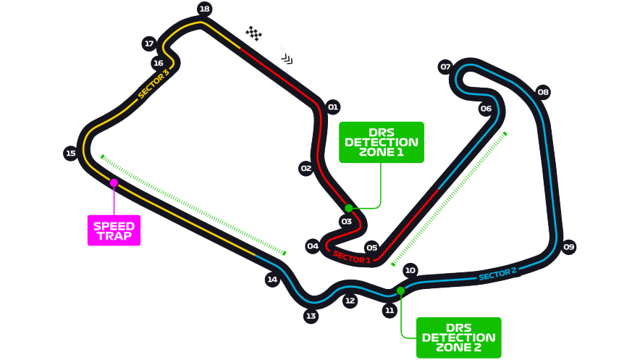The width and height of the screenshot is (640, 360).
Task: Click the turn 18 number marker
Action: click(x=204, y=9)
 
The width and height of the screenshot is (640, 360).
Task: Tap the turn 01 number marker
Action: click(x=333, y=107)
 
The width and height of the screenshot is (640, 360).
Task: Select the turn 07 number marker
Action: click(x=445, y=67)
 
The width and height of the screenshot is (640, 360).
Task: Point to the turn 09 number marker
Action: click(x=568, y=246)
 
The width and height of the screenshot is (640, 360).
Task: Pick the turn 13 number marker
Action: click(x=311, y=316)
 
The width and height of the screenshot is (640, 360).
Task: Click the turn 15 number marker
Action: click(x=71, y=153)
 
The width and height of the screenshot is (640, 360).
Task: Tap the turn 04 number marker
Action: click(x=313, y=246)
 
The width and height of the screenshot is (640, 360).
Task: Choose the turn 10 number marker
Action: click(x=410, y=269)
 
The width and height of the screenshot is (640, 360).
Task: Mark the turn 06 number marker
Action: click(x=486, y=108)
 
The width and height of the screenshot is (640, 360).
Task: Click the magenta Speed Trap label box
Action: click(x=114, y=230)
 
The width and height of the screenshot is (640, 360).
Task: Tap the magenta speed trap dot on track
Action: click(x=114, y=183)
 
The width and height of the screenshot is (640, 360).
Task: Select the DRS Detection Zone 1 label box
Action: click(x=382, y=142)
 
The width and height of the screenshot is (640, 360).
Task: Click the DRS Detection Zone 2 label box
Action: click(x=458, y=338)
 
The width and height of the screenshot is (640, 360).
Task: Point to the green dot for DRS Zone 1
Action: click(x=348, y=208)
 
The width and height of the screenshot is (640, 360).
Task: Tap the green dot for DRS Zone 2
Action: click(x=400, y=290)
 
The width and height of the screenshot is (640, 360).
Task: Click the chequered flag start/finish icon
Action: click(x=253, y=33)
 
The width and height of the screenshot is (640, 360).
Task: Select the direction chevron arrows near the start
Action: click(x=287, y=59)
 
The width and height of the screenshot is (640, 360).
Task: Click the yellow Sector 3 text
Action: click(x=153, y=84)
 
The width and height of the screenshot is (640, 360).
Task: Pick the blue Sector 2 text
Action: click(x=497, y=274)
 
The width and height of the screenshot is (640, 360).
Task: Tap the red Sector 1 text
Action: click(x=351, y=257)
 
